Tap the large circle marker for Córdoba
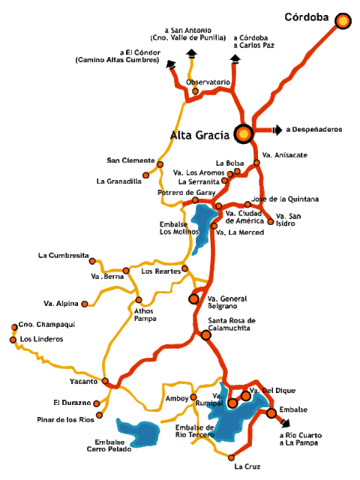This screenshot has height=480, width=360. pos(343,21)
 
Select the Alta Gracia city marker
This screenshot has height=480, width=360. pos(243,133)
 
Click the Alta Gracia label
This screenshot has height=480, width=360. pos(201,136)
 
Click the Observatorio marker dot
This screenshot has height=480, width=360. pos(195,91)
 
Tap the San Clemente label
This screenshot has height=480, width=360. pos(130,160)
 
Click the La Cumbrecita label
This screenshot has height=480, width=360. pos(63,256)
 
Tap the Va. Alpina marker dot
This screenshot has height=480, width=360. pos(84,304)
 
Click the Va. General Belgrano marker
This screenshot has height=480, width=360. pos(193,298)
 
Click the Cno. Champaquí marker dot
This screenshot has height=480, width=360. pos(13,327)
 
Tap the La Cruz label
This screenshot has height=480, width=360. pos(247,467)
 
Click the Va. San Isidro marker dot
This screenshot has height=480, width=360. pos(271,220)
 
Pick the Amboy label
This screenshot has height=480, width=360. pos(177,398)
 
